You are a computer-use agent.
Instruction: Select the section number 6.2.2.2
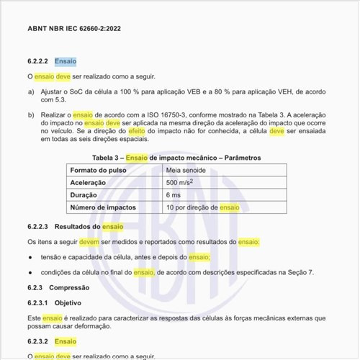coord(37,62)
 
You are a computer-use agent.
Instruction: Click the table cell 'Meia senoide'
coord(186,169)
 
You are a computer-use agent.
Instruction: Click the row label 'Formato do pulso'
coord(99,169)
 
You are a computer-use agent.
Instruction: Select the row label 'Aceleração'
coord(88,182)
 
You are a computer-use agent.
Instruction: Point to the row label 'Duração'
coord(84,195)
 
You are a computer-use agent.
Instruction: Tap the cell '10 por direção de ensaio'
coord(203,207)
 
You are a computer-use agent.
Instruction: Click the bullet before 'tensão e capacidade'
coord(30,257)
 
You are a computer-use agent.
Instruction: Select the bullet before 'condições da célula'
coord(30,272)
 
